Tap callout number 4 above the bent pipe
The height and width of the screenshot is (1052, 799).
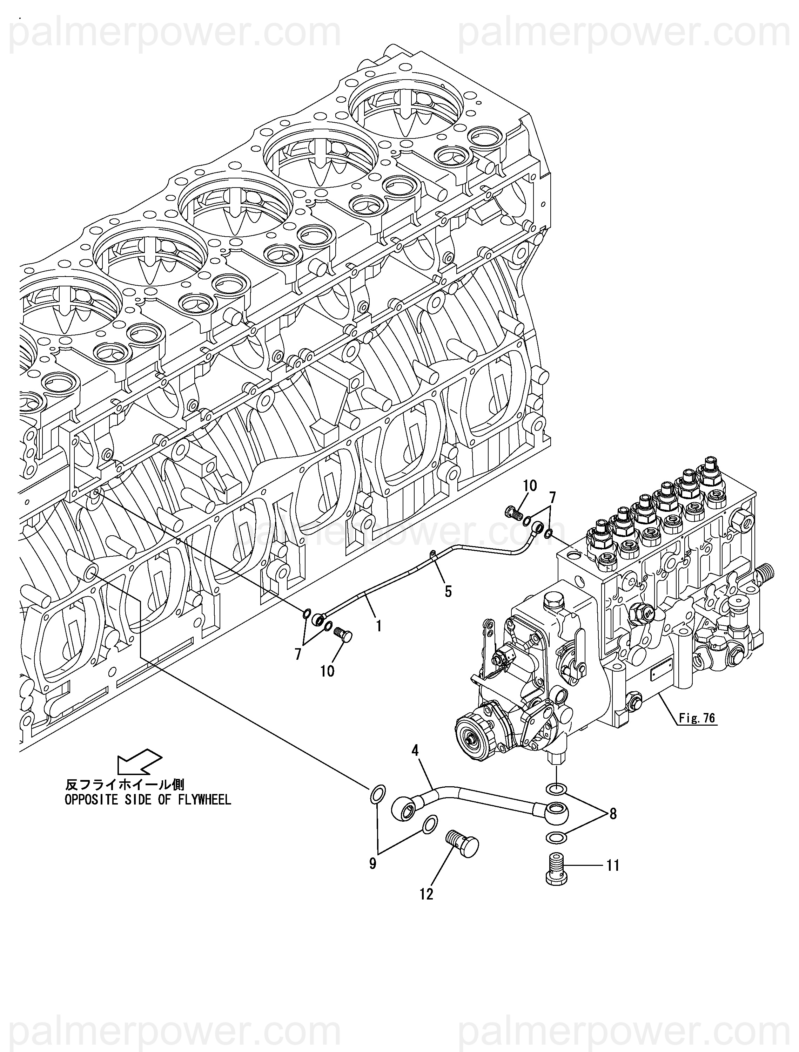coord(415,751)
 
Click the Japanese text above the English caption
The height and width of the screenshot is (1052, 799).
coord(125,784)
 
